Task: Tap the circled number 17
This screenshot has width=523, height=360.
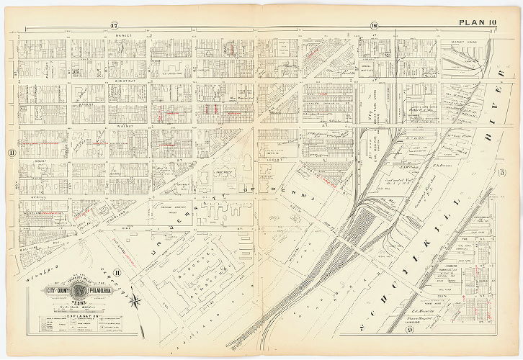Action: tap(114, 26)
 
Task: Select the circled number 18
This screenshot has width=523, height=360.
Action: tap(375, 26)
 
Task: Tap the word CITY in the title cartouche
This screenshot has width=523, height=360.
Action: tap(51, 290)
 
